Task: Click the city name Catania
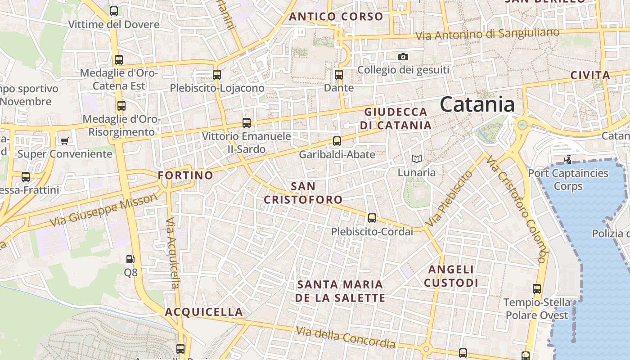click(x=477, y=104)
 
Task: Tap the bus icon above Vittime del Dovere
click(x=114, y=11)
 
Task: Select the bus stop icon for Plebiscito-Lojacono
click(x=217, y=75)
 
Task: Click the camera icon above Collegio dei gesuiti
click(x=403, y=57)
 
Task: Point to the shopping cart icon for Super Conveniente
click(x=64, y=141)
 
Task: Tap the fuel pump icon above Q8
click(x=130, y=259)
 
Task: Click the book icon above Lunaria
click(x=416, y=159)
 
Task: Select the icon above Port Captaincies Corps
click(x=568, y=159)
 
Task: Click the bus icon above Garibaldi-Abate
click(x=337, y=141)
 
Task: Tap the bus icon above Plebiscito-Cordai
click(x=372, y=218)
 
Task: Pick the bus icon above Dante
click(x=339, y=75)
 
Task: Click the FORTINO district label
click(x=185, y=175)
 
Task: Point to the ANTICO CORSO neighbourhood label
click(x=336, y=17)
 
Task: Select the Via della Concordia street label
click(x=346, y=337)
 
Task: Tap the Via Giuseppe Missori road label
click(x=104, y=210)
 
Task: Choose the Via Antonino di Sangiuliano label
click(x=487, y=34)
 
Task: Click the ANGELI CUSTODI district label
click(x=451, y=276)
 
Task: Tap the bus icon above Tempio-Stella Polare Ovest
click(x=537, y=289)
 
